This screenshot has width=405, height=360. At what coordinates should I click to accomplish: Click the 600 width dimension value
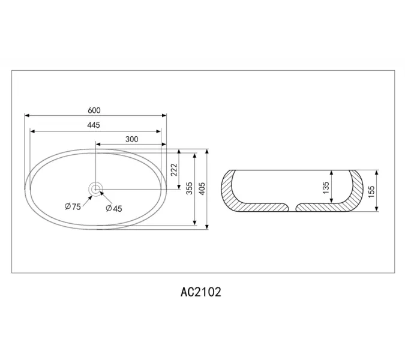(x=94, y=110)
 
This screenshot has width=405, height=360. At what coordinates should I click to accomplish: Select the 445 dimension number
(x=94, y=125)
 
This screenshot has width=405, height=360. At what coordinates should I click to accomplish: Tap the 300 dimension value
(x=132, y=139)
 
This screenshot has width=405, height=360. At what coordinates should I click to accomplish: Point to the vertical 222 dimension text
(x=174, y=170)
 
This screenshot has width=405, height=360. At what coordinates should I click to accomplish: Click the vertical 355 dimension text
(x=190, y=188)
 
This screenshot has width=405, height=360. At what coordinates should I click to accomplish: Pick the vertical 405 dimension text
(x=202, y=189)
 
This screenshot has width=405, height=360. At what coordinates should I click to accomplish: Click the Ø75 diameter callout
(x=73, y=206)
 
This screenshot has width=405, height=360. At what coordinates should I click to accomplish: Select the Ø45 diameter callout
(x=114, y=208)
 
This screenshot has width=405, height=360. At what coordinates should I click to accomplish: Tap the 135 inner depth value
(x=326, y=188)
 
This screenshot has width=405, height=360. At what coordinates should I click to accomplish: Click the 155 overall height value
(x=371, y=191)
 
